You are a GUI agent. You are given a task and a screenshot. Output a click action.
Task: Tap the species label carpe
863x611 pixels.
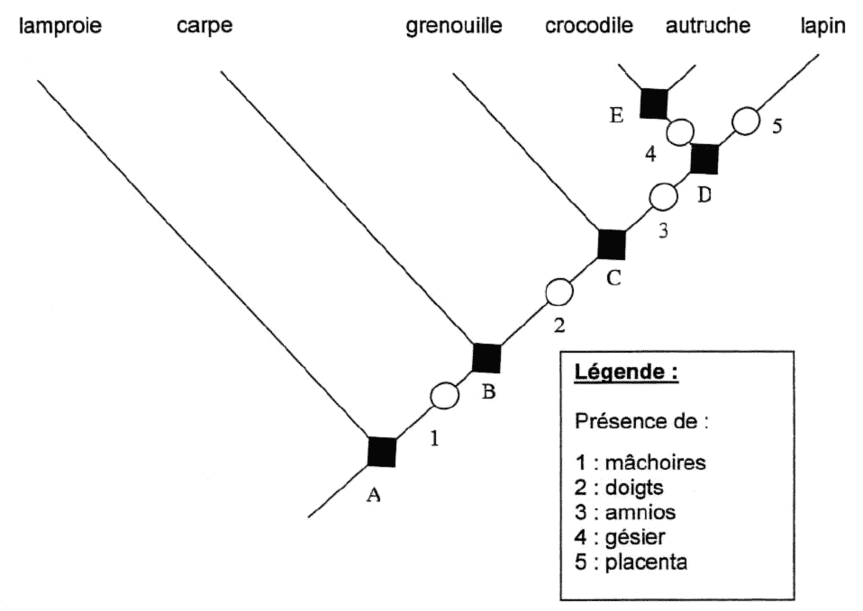[x=205, y=26]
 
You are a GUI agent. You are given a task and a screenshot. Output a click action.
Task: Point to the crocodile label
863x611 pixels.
[x=589, y=26]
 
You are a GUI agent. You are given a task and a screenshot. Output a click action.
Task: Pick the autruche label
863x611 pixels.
[x=707, y=26]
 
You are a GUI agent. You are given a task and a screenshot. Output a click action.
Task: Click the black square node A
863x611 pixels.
[x=382, y=451]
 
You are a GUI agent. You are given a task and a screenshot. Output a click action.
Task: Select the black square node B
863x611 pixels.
[x=486, y=357]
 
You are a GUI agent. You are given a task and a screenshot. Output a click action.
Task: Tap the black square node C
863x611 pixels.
[x=612, y=244]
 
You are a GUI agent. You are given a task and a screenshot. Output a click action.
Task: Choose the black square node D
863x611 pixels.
[x=704, y=158]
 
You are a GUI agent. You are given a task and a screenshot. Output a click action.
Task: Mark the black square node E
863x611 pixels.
[x=652, y=103]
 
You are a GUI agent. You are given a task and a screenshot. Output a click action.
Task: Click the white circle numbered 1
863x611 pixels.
[x=444, y=394]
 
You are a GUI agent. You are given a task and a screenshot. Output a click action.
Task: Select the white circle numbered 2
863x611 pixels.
[x=559, y=292]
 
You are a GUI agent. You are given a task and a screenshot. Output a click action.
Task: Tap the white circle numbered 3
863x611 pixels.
[x=663, y=194]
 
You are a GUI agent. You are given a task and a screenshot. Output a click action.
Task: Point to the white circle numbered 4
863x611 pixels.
[x=680, y=131]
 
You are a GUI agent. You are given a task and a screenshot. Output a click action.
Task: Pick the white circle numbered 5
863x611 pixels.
[x=743, y=121]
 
